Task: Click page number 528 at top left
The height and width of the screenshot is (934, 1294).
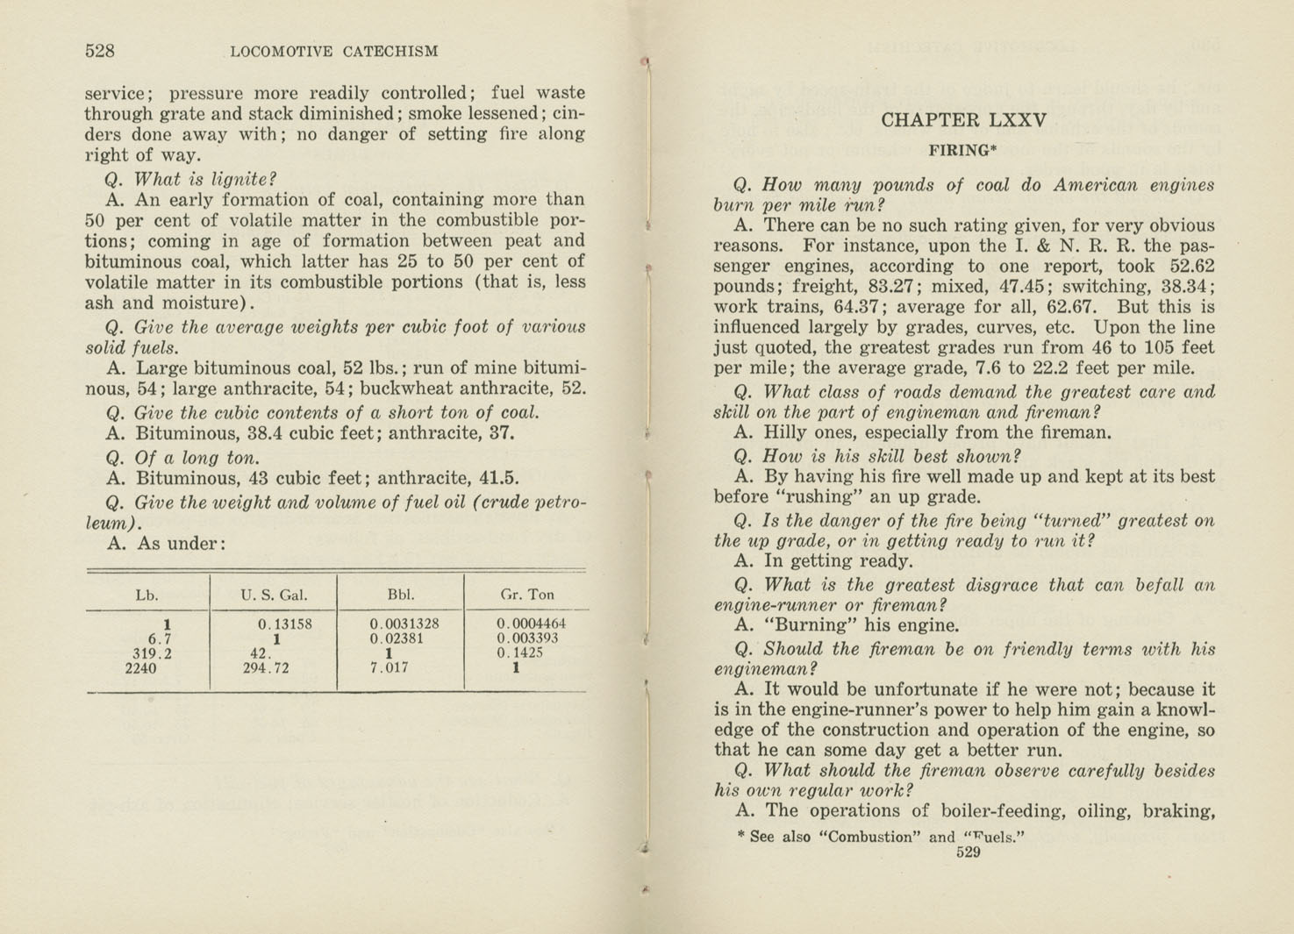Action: click(100, 51)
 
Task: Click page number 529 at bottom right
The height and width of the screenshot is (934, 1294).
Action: click(968, 852)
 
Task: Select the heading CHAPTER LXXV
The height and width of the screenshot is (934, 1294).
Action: click(963, 120)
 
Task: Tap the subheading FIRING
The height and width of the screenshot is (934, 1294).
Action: click(961, 150)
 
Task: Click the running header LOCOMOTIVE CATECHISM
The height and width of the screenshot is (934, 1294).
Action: click(333, 52)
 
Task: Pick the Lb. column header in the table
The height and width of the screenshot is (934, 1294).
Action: click(147, 595)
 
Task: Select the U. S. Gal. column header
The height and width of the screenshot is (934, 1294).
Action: click(274, 595)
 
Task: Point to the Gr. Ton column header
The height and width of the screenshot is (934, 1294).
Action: click(527, 595)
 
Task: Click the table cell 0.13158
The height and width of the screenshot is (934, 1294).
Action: click(285, 624)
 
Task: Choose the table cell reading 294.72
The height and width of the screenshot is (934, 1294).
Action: click(266, 667)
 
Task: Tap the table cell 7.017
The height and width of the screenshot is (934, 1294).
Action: click(390, 667)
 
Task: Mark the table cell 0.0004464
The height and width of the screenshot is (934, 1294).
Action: click(532, 624)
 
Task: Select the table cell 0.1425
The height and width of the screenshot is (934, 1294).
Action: click(520, 653)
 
